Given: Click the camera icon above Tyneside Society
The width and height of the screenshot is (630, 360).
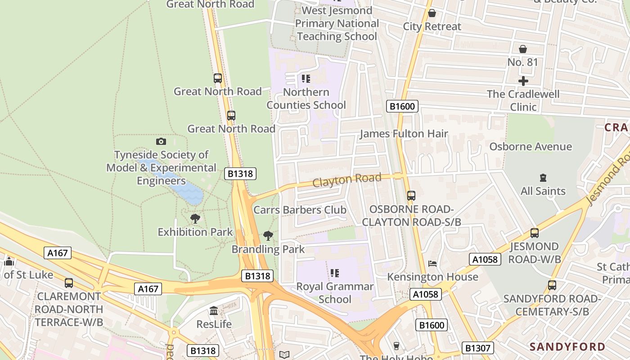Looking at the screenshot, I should click(x=161, y=142).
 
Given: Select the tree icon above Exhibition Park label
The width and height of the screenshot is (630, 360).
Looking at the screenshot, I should click(x=195, y=219).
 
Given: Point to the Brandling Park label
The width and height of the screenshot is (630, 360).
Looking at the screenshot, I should click(x=268, y=249).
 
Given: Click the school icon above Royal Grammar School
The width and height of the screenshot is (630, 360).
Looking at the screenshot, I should click(x=334, y=273).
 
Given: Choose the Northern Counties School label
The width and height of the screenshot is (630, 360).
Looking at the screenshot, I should click(x=306, y=99).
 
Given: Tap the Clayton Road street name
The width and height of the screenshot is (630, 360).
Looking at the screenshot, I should click(x=346, y=180).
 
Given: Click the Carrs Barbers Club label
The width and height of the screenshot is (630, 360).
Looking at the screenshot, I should click(x=300, y=210).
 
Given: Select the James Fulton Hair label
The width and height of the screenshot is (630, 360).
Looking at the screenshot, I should click(x=404, y=134).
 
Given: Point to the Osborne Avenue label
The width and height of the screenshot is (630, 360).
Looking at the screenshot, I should click(x=531, y=147).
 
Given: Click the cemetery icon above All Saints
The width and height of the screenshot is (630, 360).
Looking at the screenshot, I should click(x=543, y=178).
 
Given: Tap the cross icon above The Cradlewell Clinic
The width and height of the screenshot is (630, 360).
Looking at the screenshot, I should click(x=523, y=81).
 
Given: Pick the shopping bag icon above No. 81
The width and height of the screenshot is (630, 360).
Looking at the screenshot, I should click(x=522, y=49).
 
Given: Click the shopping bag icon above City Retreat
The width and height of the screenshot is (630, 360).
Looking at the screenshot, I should click(x=432, y=13).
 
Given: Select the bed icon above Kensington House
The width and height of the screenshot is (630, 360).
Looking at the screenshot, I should click(x=432, y=263).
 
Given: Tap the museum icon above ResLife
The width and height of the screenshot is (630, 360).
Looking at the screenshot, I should click(x=214, y=311).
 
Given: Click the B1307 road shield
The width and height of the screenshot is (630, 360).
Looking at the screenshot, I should click(x=478, y=348).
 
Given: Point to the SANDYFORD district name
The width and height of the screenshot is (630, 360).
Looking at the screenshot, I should click(x=567, y=346).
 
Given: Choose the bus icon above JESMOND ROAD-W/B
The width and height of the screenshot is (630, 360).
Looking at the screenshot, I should click(x=534, y=233).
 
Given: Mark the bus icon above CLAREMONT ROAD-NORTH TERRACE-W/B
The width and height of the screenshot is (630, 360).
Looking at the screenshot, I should click(x=68, y=283).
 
